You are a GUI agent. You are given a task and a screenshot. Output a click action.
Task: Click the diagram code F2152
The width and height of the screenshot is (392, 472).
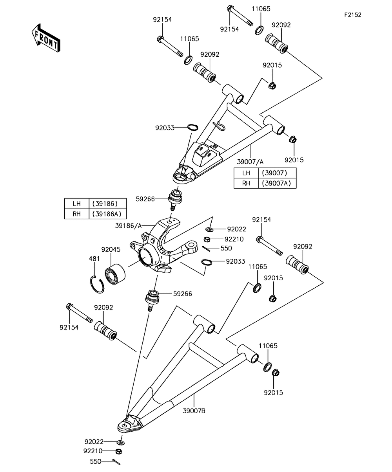pyautogui.click(x=352, y=15)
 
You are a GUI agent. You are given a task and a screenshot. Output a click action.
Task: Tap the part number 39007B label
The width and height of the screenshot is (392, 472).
pyautogui.click(x=194, y=411)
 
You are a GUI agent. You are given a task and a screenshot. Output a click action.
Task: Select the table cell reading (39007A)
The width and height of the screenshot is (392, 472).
pyautogui.click(x=277, y=183)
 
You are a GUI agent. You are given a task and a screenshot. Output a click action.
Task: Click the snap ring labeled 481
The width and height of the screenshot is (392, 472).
pyautogui.click(x=97, y=284)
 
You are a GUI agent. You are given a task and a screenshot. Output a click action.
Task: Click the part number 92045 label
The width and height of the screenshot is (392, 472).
pyautogui.click(x=111, y=249)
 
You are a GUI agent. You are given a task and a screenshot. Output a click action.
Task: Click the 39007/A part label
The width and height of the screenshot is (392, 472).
pyautogui.click(x=250, y=162)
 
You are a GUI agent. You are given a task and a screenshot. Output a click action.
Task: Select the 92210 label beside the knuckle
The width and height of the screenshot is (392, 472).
pyautogui.click(x=234, y=239)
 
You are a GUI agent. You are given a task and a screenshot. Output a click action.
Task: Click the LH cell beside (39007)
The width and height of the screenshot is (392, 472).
pyautogui.click(x=246, y=173)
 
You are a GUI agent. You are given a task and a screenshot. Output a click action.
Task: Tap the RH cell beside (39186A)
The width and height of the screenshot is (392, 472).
pyautogui.click(x=76, y=214)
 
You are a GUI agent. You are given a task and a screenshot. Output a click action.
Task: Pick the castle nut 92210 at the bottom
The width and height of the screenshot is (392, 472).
pyautogui.click(x=120, y=451)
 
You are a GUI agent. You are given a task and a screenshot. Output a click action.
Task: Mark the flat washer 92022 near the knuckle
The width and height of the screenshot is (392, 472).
pyautogui.click(x=209, y=229)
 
